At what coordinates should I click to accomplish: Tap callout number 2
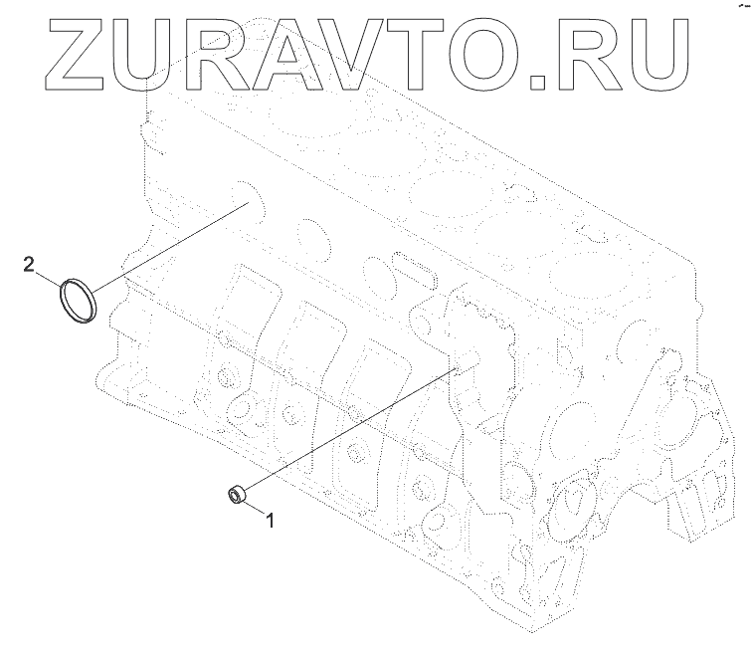click(x=29, y=264)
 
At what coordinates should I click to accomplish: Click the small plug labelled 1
click(x=237, y=493)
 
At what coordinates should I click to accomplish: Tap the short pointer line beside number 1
click(x=257, y=507)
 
